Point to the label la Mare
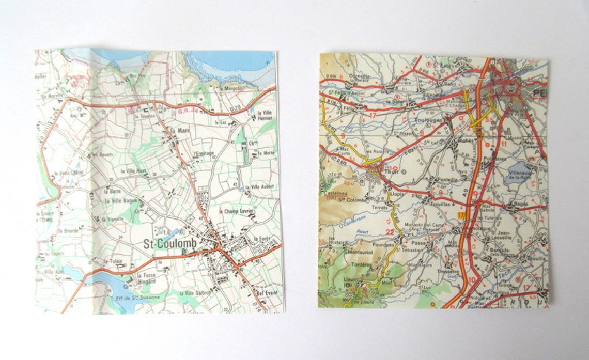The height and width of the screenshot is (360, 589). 182,131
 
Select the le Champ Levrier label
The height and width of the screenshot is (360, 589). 237,212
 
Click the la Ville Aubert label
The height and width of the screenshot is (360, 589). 259,187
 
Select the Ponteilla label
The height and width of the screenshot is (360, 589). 447,180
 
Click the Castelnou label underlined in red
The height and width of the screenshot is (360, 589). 334,192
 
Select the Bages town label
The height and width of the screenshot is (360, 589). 522,206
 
